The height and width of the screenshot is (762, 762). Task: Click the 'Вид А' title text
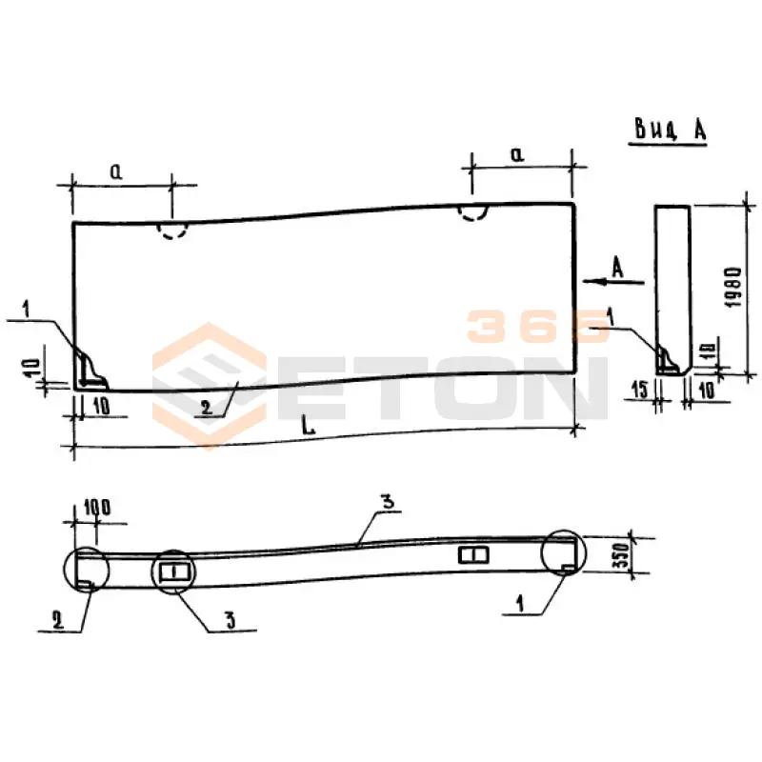click(x=671, y=130)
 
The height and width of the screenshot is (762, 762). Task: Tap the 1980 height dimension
click(x=732, y=287)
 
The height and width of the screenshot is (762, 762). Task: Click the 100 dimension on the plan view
click(x=97, y=508)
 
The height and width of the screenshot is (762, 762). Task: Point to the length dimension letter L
click(x=308, y=426)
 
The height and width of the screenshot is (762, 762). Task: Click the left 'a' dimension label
click(x=116, y=171)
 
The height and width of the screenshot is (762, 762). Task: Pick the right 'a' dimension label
click(x=517, y=154)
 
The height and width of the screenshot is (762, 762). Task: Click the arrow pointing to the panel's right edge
click(x=613, y=281)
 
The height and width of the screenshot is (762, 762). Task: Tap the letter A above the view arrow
click(x=617, y=267)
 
